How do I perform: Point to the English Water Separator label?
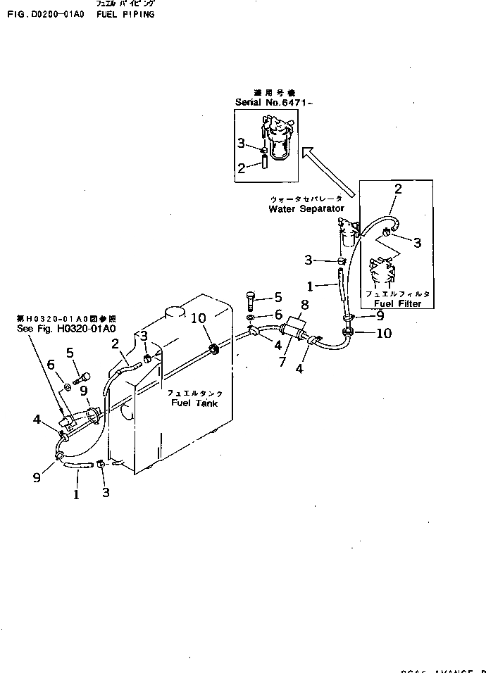pyautogui.click(x=306, y=209)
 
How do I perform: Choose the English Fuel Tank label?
pyautogui.click(x=194, y=403)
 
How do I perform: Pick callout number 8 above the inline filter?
pyautogui.click(x=305, y=306)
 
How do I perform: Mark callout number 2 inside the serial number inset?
pyautogui.click(x=242, y=168)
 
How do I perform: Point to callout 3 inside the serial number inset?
pyautogui.click(x=242, y=144)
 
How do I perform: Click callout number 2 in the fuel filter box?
pyautogui.click(x=398, y=189)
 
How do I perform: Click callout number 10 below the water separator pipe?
pyautogui.click(x=384, y=333)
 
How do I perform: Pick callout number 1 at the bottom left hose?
pyautogui.click(x=77, y=494)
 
